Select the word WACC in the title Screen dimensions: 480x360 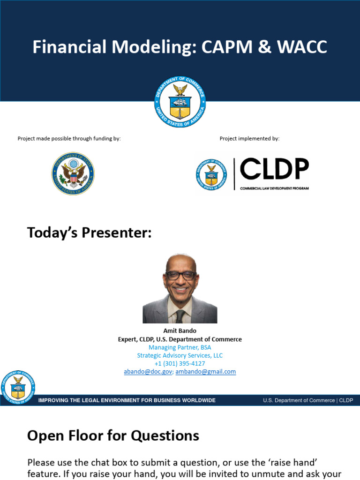tap(300, 47)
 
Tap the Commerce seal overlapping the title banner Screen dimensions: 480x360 tap(180, 102)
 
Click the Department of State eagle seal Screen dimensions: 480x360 tap(73, 174)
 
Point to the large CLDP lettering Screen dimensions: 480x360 tap(274, 170)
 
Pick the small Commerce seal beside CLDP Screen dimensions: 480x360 tap(211, 174)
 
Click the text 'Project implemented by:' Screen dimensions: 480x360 tap(249, 139)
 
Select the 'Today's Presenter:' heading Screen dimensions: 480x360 tap(89, 232)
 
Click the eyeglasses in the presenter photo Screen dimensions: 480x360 tap(180, 276)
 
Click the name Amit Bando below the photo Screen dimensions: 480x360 tap(180, 331)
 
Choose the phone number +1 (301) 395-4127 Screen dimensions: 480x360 tap(180, 364)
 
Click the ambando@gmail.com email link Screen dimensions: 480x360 tap(206, 372)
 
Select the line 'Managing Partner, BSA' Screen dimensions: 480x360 tap(180, 347)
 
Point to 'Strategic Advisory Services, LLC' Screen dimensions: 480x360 tap(180, 356)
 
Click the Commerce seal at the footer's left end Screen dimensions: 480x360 tap(17, 386)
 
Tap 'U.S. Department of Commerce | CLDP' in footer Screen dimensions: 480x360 tap(308, 400)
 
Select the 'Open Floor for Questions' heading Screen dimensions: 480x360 tap(113, 436)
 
